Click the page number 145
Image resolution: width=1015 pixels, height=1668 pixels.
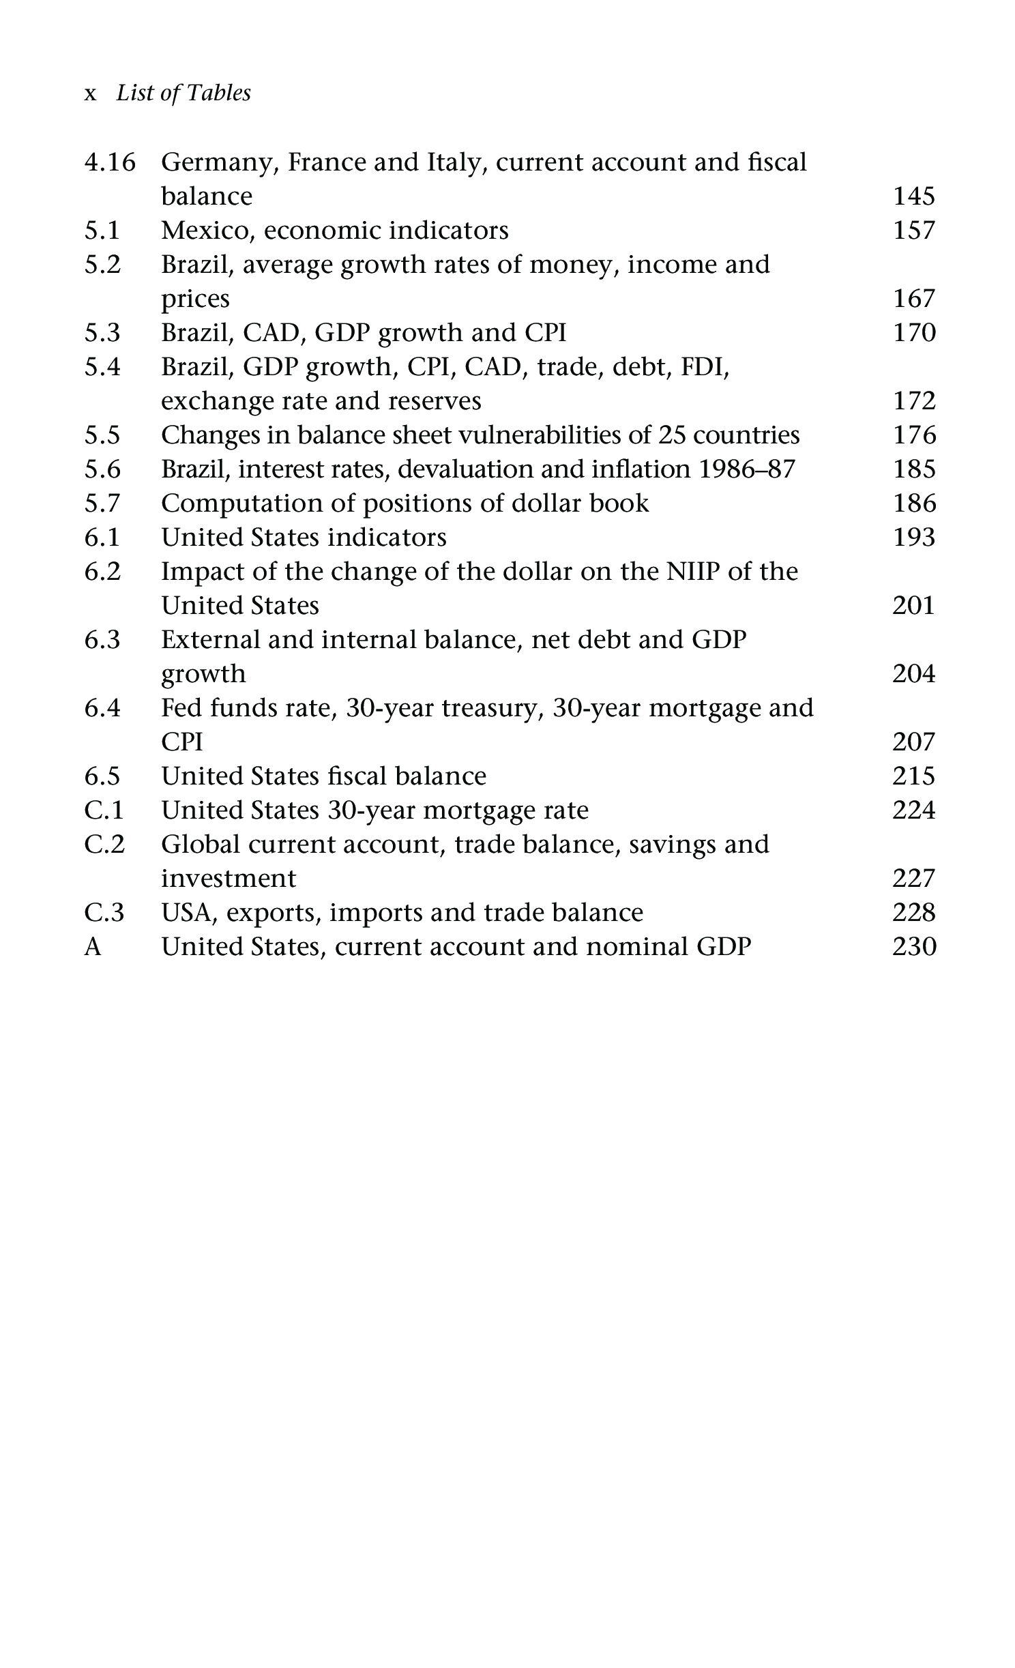(x=913, y=196)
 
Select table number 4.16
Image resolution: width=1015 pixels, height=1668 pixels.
(x=110, y=162)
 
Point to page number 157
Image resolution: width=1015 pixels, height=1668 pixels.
(x=913, y=231)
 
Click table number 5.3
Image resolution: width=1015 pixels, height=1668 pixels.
(x=102, y=333)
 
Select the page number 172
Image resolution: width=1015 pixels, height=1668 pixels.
(x=913, y=401)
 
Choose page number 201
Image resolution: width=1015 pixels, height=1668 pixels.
(x=913, y=606)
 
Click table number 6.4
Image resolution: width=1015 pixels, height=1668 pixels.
(x=102, y=708)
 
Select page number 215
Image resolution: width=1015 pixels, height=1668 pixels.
(x=913, y=776)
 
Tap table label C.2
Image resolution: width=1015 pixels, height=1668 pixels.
(x=104, y=845)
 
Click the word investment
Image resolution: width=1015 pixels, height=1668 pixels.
(x=229, y=879)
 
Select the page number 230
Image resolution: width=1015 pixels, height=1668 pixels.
(x=913, y=947)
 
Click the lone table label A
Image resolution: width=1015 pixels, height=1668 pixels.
(x=93, y=947)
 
